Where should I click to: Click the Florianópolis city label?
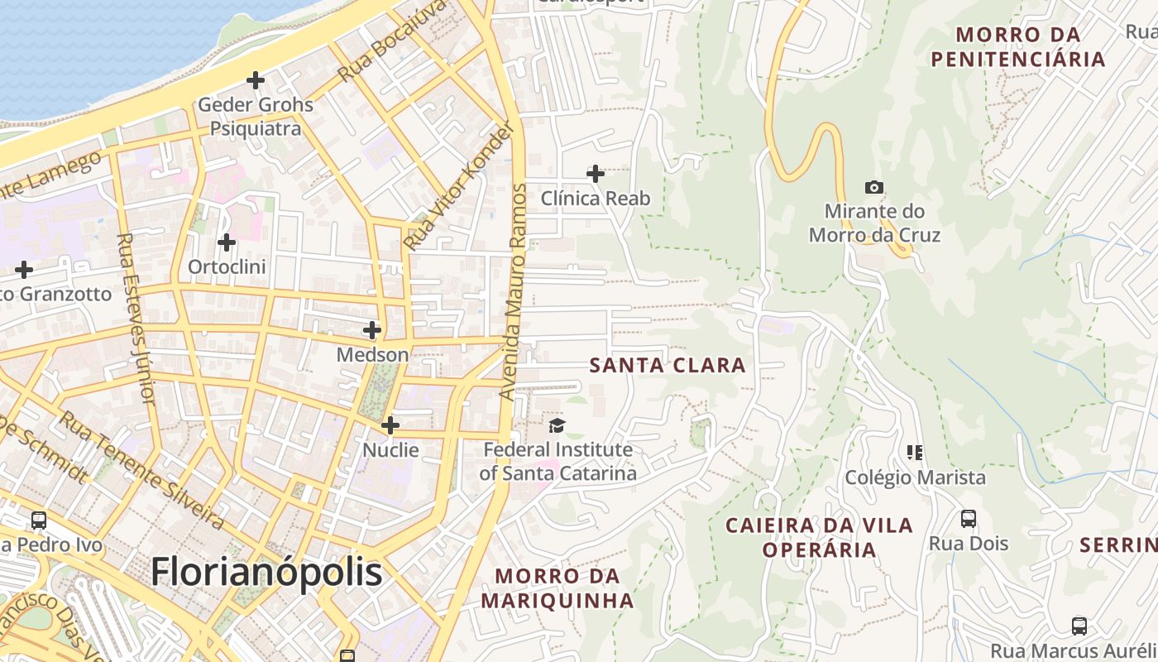(x=266, y=572)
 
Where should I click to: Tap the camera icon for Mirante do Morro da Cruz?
(x=873, y=188)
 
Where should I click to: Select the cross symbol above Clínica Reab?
(x=595, y=174)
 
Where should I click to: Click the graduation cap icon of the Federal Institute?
(x=557, y=426)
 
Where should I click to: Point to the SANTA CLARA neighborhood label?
(x=668, y=365)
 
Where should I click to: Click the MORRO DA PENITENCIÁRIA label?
(x=1017, y=46)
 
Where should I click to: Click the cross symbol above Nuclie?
(x=390, y=426)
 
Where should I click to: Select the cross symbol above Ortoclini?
(x=226, y=242)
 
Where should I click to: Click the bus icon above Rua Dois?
(x=969, y=519)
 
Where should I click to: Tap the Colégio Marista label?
(x=915, y=477)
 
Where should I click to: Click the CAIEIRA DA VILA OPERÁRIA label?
(x=819, y=537)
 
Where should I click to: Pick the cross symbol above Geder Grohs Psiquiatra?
(x=256, y=80)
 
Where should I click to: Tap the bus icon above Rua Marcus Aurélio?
(x=1079, y=626)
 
